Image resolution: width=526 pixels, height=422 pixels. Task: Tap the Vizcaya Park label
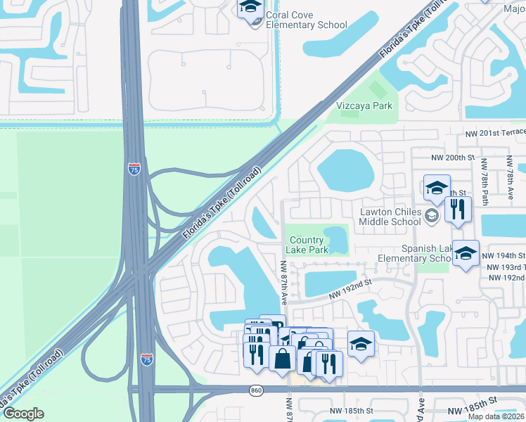point(364,106)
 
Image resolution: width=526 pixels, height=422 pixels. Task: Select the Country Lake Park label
point(309,245)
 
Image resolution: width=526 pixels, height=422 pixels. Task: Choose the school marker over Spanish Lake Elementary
point(466,254)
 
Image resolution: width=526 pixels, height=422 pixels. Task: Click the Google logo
point(23,414)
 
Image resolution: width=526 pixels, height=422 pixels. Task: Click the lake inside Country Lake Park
point(336,239)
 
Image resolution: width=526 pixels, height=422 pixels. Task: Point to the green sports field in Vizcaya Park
point(378,89)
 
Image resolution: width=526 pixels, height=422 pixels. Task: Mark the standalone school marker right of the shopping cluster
point(361,344)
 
